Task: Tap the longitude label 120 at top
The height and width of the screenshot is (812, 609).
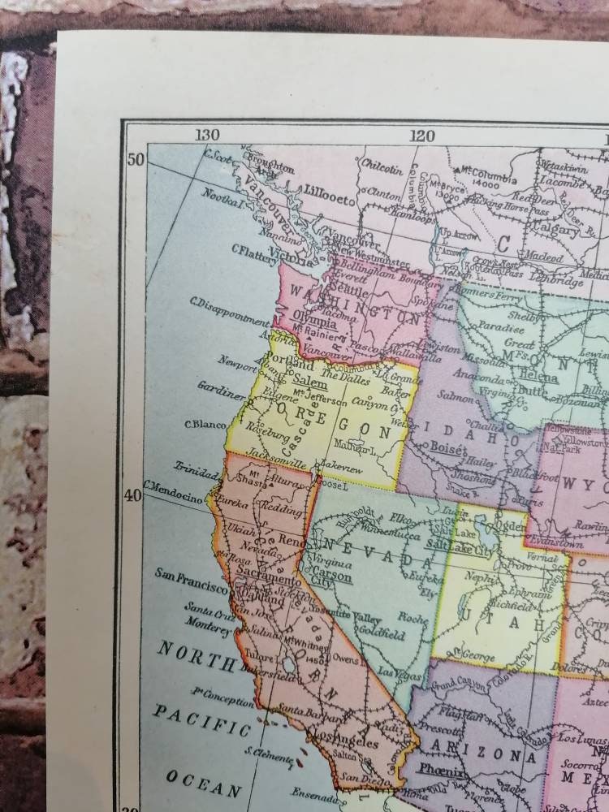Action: (x=422, y=136)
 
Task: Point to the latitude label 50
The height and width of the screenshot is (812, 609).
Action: (x=135, y=158)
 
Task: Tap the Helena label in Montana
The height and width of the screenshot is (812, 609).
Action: (x=540, y=378)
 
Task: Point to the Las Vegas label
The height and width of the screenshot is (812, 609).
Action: (x=396, y=673)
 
